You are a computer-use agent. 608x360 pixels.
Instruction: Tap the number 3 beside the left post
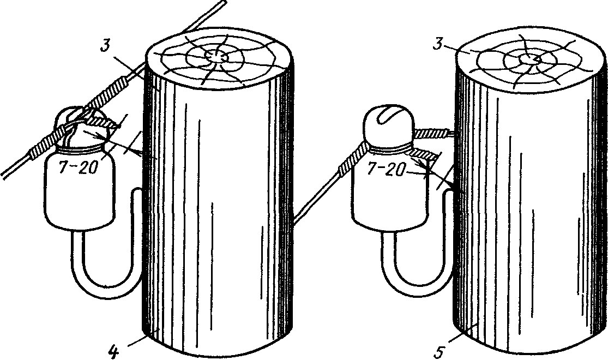(x=104, y=45)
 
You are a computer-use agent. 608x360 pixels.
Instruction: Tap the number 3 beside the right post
(x=438, y=44)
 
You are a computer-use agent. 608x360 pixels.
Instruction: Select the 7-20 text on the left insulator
(x=77, y=167)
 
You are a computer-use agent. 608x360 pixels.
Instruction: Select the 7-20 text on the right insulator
(x=386, y=169)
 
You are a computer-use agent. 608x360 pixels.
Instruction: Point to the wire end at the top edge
(x=224, y=2)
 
